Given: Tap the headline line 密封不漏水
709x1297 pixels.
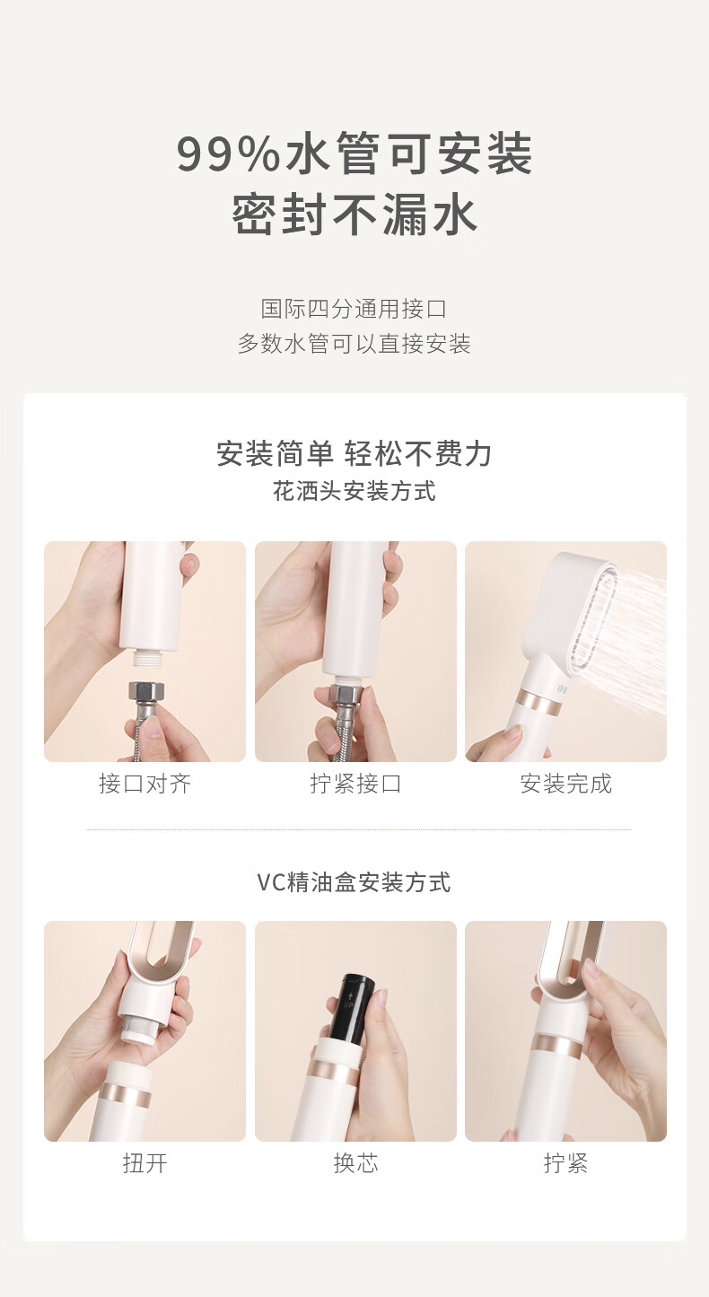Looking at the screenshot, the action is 354,215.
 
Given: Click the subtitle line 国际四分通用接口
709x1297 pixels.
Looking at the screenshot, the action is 354,309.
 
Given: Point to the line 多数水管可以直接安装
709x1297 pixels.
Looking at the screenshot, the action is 354,344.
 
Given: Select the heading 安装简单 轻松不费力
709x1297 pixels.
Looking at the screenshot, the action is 354,453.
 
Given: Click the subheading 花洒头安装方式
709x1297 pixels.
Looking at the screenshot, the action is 354,492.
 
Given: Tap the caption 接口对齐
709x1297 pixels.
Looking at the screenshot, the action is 144,784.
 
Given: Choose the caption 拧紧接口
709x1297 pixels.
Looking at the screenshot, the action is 355,784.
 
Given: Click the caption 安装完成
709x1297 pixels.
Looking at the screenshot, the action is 565,784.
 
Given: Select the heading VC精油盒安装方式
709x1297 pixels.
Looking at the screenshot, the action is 354,882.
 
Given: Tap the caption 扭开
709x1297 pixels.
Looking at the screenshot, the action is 144,1162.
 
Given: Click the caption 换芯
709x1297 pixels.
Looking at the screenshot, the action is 355,1162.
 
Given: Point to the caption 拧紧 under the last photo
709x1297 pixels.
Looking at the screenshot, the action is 565,1162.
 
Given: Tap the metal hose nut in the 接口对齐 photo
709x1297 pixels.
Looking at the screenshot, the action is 146,693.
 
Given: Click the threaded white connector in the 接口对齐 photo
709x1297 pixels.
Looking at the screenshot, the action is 147,658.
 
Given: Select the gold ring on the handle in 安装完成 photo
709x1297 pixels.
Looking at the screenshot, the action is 541,704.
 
